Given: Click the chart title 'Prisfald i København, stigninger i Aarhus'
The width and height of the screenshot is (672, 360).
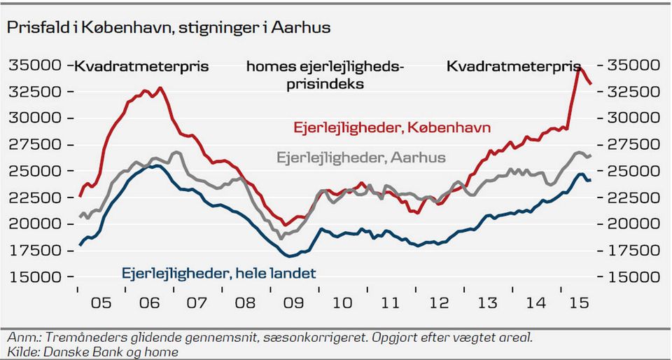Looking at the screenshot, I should [169, 27].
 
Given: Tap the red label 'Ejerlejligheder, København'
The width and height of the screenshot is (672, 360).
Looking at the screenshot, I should [391, 127].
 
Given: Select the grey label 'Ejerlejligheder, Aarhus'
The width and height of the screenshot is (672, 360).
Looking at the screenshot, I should [361, 158].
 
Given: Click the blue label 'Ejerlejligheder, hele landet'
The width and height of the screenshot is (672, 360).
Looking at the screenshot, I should [219, 272].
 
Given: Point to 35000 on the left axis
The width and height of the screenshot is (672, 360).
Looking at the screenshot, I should [34, 66].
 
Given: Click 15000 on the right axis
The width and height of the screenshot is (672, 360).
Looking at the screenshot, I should [633, 277].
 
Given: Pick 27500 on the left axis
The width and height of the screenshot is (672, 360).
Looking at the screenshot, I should [34, 145].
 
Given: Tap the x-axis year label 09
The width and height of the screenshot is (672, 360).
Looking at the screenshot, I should [292, 304].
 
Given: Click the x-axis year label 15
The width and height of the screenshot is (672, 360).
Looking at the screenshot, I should [578, 304].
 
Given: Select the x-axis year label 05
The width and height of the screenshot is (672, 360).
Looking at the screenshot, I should [101, 304].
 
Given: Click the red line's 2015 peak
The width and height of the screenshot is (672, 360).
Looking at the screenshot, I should [579, 69].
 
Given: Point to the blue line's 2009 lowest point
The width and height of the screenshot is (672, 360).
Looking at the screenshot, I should [289, 256].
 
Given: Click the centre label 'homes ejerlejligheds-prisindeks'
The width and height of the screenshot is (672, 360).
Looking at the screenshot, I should [325, 75].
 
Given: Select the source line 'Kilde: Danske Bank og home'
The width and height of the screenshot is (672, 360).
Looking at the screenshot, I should [92, 352].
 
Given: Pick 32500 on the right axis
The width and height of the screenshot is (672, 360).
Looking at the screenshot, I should [633, 92].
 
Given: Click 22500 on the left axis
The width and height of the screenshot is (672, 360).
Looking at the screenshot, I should [34, 198].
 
